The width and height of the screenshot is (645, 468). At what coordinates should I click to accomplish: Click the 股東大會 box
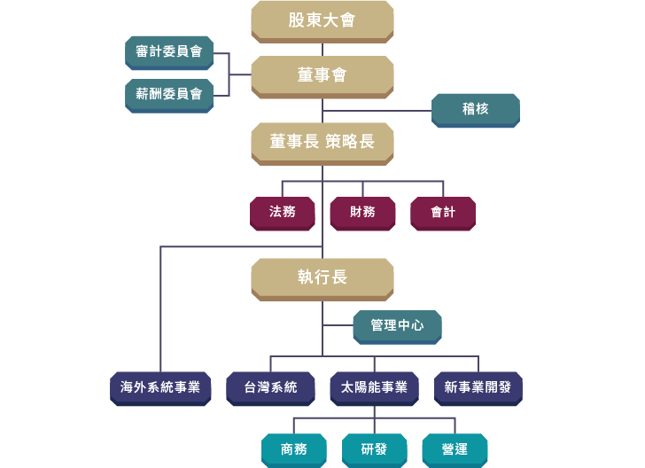coord(322,20)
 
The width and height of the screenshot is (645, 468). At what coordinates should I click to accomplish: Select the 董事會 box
coord(322,76)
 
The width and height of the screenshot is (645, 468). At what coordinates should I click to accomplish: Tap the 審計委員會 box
coord(169,52)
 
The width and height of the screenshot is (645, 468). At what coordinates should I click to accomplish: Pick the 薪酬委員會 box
coord(169,94)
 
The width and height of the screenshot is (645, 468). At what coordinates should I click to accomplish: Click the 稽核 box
coord(476,109)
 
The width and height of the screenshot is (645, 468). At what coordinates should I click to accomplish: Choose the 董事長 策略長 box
coord(322,142)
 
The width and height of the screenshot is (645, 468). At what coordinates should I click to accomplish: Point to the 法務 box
coord(283,213)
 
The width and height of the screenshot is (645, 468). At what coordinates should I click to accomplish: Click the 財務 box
coord(362,213)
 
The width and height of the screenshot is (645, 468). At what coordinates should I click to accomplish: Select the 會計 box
coord(443,213)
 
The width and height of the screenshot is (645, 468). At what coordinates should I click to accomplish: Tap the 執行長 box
coord(322,277)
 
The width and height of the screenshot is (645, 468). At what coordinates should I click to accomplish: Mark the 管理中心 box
coord(397,326)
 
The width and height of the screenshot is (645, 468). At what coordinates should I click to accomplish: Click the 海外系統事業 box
coord(160,387)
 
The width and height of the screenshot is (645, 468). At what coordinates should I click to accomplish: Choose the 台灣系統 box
coord(271,387)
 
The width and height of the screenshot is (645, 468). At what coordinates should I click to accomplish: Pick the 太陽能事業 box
coord(374,387)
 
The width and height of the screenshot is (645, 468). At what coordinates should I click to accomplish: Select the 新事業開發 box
coord(478,387)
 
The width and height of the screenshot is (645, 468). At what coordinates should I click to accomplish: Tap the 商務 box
coord(294,449)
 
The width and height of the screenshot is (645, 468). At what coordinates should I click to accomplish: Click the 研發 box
coord(374,449)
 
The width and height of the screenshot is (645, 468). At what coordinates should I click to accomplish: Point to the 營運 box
coord(455,449)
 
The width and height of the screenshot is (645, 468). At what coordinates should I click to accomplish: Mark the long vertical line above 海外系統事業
coord(160,310)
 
